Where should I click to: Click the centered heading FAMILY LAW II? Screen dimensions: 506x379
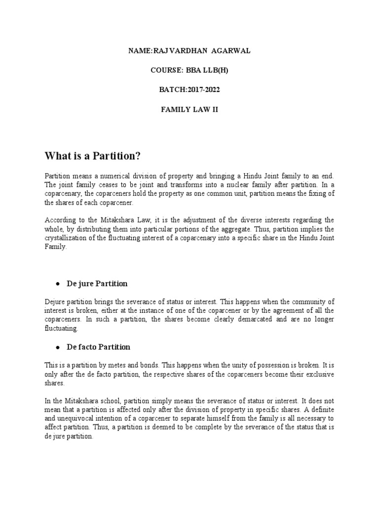click(x=189, y=110)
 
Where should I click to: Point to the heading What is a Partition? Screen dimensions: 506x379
click(x=93, y=157)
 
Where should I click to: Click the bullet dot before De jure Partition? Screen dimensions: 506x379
click(x=58, y=284)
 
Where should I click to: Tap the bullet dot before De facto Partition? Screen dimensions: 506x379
click(x=58, y=348)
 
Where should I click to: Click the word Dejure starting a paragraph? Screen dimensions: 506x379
click(x=55, y=301)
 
